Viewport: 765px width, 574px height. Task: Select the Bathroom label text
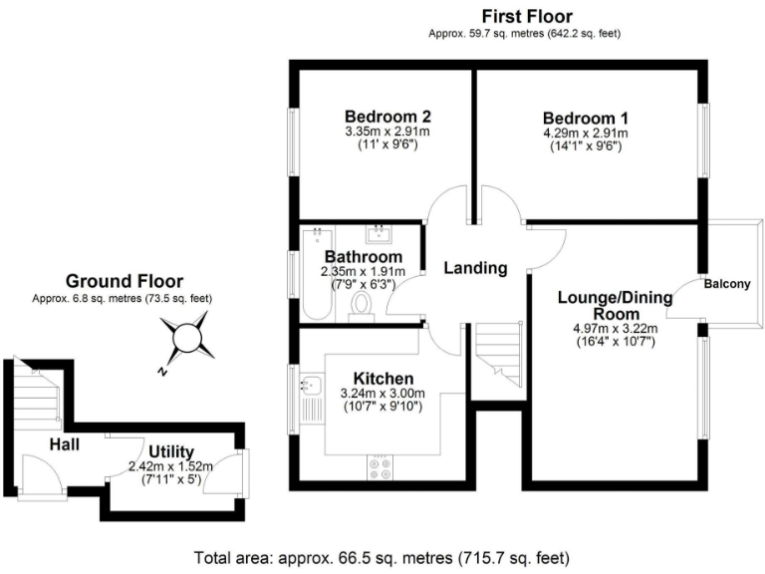[362, 257]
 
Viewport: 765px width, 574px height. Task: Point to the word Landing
[475, 267]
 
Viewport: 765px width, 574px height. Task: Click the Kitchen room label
[383, 379]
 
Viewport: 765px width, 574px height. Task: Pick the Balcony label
[727, 284]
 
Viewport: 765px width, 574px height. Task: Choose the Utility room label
[171, 451]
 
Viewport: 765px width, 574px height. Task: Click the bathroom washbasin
[378, 235]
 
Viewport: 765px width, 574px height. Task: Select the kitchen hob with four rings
[380, 468]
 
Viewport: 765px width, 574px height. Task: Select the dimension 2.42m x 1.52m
[170, 466]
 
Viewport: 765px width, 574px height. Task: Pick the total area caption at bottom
[382, 556]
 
